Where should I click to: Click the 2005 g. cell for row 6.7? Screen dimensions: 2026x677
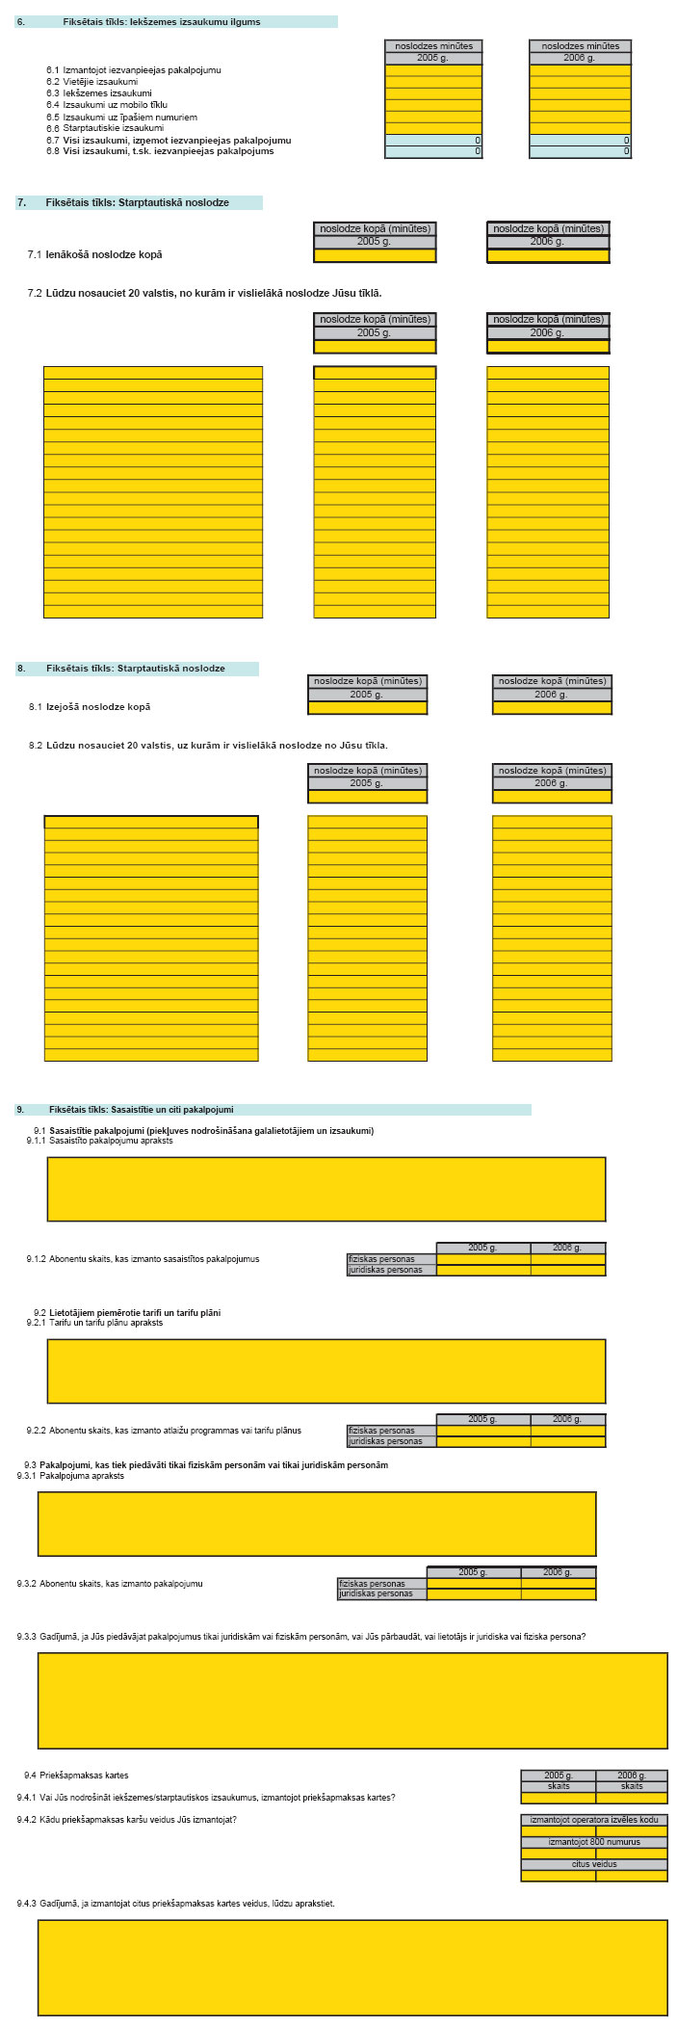pos(432,141)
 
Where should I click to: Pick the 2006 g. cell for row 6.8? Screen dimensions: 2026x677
pos(580,151)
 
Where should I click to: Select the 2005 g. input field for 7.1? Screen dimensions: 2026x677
pos(375,256)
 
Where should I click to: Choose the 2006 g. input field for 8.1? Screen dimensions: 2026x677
pos(552,708)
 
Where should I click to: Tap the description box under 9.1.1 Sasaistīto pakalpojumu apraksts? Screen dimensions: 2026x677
pos(325,1189)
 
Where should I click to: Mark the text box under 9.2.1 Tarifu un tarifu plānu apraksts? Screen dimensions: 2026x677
pos(325,1371)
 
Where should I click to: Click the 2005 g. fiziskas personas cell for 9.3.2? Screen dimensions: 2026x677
pos(474,1584)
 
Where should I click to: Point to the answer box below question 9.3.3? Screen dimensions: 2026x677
pos(352,1700)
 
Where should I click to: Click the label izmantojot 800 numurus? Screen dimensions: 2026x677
pos(594,1842)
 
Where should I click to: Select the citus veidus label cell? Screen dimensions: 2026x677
pos(594,1864)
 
